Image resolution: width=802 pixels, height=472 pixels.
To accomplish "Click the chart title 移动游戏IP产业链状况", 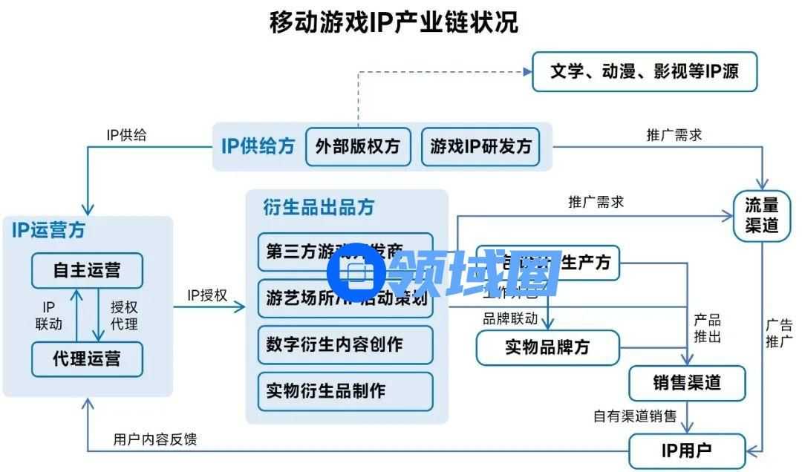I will [x=394, y=22].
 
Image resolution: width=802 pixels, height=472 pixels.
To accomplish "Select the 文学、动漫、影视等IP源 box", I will [x=645, y=72].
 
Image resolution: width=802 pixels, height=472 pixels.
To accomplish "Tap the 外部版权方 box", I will [x=358, y=146].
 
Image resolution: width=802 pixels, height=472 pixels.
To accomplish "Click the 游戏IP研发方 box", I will [x=481, y=146].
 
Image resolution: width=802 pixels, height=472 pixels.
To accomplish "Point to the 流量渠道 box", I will [x=761, y=214].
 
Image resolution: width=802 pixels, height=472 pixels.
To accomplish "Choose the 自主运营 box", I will [x=87, y=270].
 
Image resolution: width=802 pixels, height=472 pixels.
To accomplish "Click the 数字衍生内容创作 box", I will [x=345, y=344].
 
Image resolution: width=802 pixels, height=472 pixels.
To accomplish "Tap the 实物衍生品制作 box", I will [x=345, y=390].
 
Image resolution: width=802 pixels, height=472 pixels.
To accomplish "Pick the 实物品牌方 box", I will [x=547, y=347].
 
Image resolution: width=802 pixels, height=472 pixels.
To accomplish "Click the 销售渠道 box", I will [x=687, y=383].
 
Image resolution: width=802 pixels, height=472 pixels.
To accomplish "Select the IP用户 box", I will [x=686, y=450].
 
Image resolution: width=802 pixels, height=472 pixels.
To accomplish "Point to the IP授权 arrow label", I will [x=207, y=295].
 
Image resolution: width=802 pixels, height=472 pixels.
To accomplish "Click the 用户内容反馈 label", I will [x=155, y=439].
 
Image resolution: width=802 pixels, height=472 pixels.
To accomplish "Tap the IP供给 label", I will [x=126, y=135].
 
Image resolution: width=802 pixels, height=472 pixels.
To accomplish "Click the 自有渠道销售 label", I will [x=634, y=416].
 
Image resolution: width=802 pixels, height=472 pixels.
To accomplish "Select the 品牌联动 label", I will [x=509, y=319].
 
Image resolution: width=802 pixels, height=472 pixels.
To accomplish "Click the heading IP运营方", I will [x=48, y=230].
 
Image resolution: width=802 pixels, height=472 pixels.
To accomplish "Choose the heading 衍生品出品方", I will [x=319, y=207].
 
